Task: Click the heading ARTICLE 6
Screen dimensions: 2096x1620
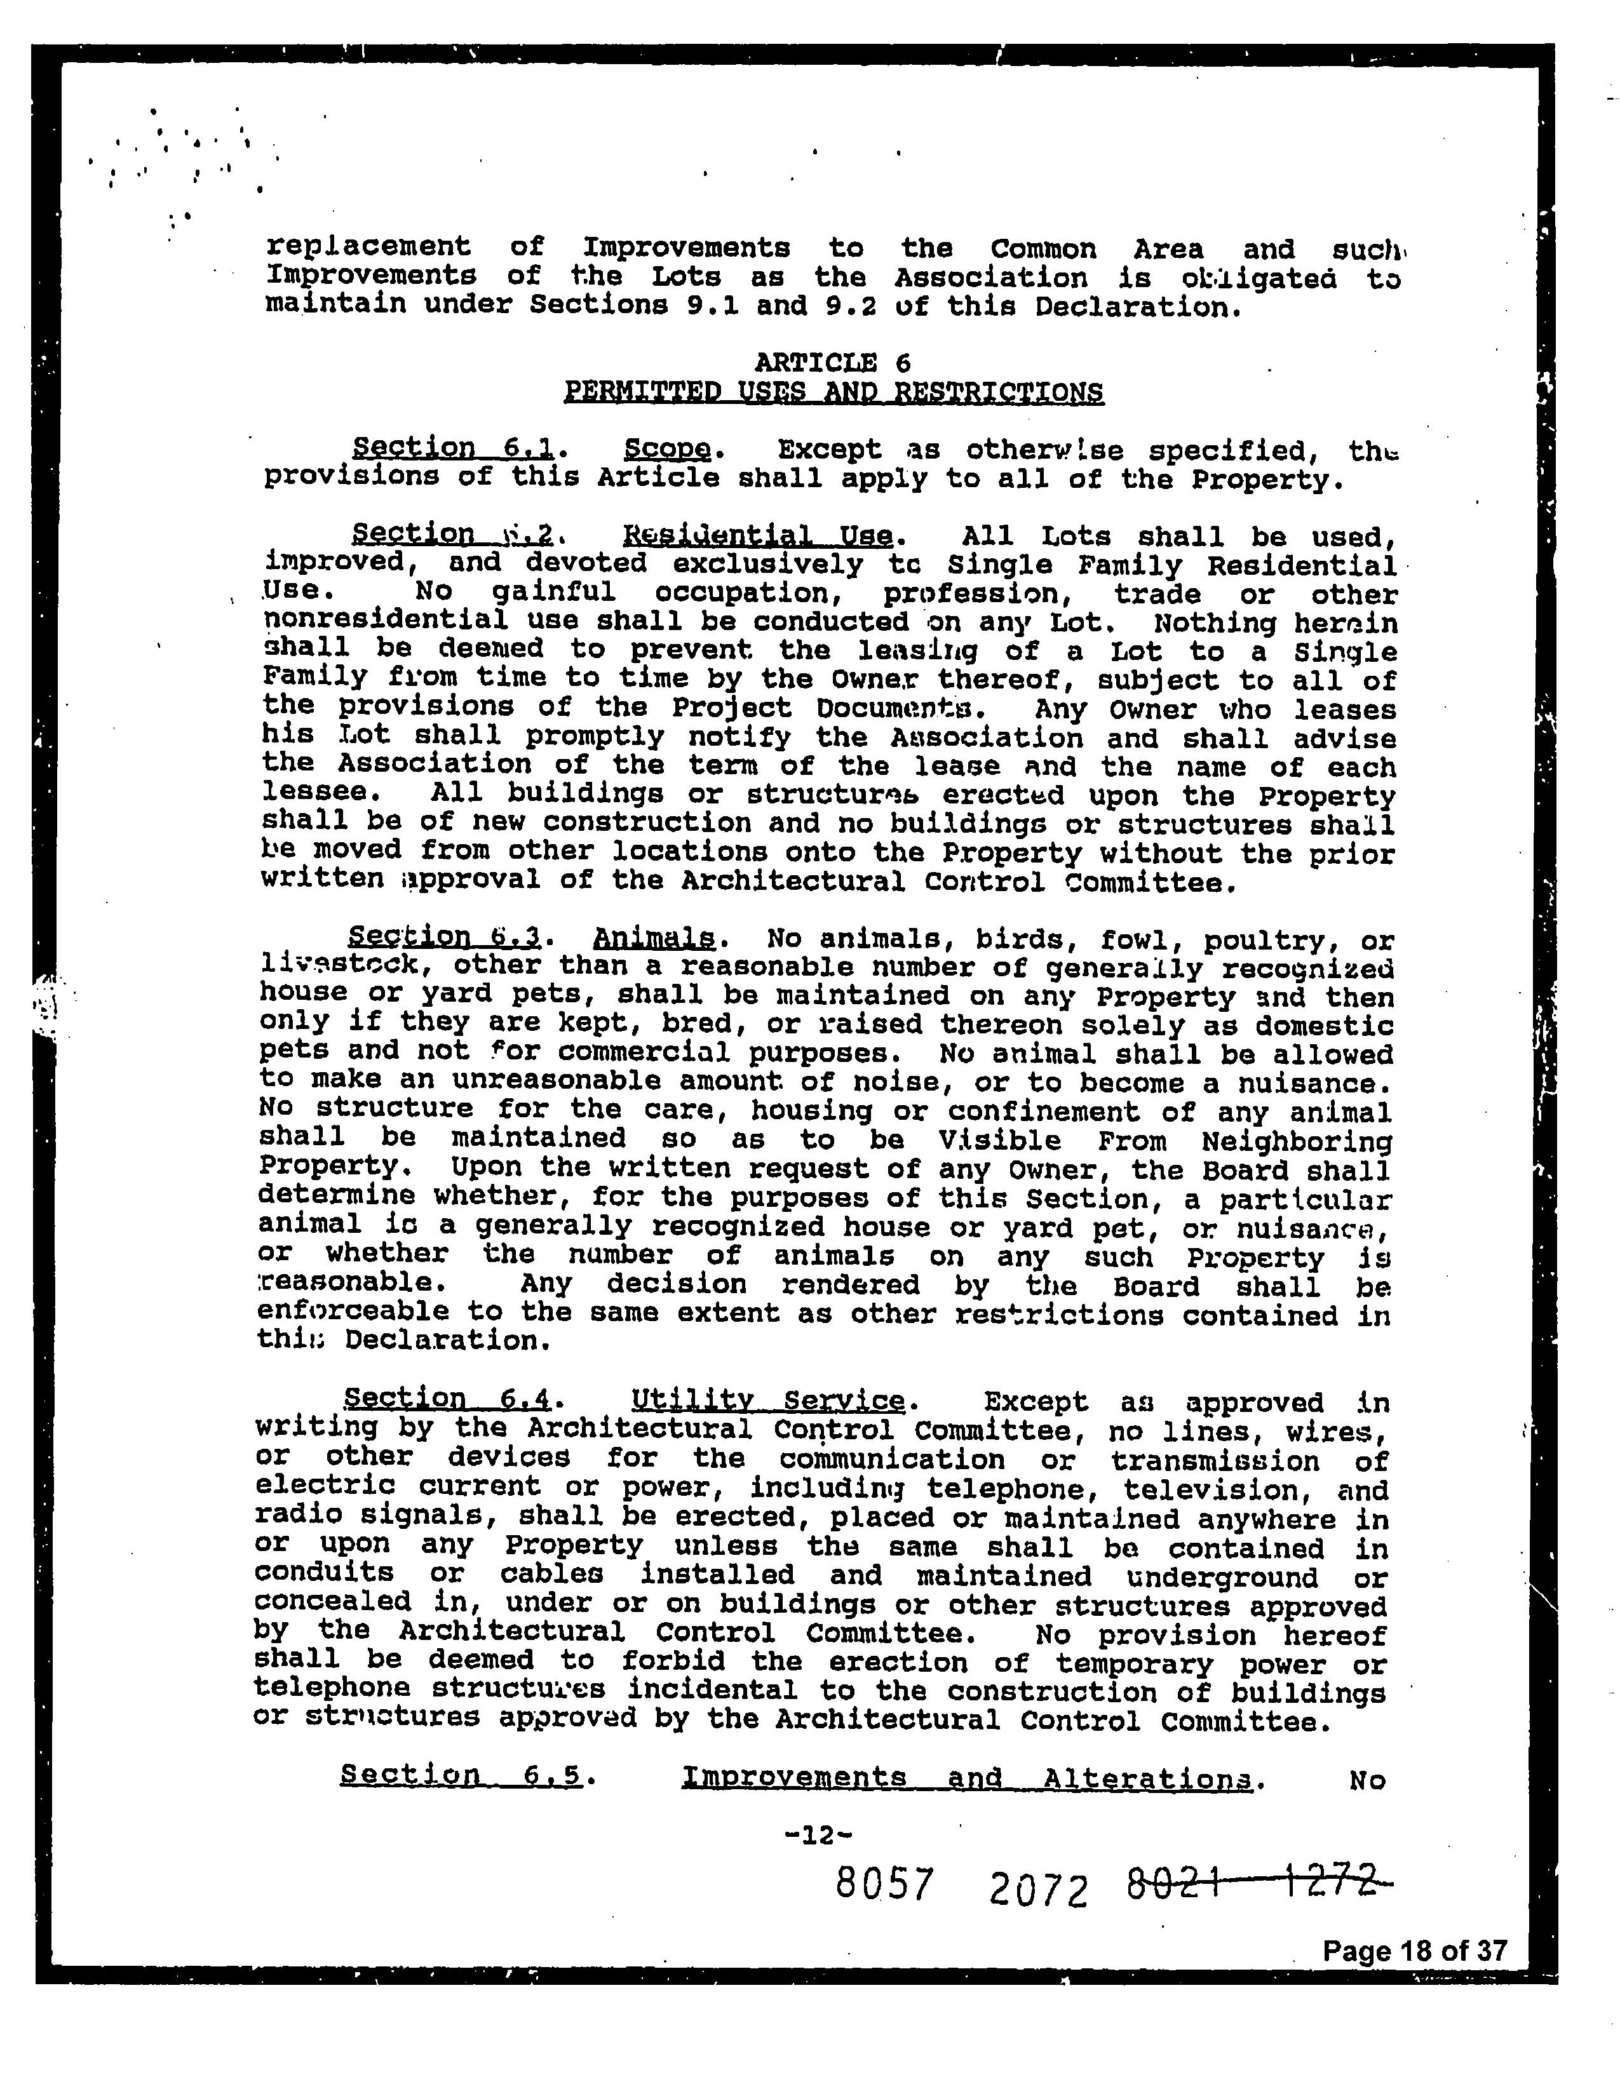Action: [x=832, y=363]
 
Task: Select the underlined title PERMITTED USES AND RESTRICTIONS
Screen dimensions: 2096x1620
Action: [x=833, y=393]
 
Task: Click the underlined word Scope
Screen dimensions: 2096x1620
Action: [x=667, y=449]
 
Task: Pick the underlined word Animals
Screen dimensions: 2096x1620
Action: [x=654, y=937]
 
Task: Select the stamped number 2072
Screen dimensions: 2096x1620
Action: [x=1037, y=1891]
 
